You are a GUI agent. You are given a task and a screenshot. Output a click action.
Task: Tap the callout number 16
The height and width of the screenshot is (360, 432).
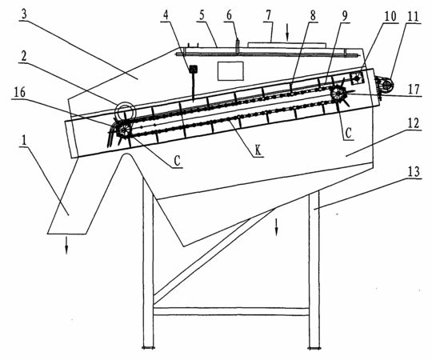(19, 92)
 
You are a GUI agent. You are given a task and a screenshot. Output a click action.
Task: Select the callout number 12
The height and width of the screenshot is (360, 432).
(414, 123)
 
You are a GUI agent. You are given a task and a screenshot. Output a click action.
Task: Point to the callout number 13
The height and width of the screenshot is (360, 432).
(414, 171)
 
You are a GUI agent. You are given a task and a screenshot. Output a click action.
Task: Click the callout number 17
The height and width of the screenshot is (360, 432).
(414, 90)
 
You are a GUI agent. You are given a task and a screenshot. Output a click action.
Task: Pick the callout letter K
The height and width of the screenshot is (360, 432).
(258, 151)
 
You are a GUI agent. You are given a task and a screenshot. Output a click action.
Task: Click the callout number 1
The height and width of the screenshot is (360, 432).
(24, 140)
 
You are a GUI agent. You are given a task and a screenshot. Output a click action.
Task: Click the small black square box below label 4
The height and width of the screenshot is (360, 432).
(193, 69)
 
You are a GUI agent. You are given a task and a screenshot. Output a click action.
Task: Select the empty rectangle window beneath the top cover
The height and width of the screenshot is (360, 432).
(230, 71)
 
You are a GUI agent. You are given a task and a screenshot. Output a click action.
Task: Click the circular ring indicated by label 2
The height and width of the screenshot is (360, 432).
(125, 110)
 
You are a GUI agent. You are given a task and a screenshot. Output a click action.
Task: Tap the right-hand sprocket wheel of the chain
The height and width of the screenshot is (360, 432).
(338, 94)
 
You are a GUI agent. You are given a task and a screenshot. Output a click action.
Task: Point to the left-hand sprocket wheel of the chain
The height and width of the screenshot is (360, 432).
(124, 129)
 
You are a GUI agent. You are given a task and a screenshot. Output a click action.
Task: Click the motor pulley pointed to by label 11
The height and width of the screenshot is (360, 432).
(387, 85)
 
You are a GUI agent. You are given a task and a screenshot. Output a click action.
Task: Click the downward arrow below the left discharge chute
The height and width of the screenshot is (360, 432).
(66, 246)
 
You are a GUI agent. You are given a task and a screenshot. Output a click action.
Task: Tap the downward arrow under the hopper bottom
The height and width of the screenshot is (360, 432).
(276, 227)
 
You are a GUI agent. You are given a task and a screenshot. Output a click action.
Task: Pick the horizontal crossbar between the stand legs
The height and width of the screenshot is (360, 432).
(231, 311)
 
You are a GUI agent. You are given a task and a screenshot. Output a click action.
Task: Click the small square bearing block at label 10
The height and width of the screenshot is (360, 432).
(357, 78)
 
